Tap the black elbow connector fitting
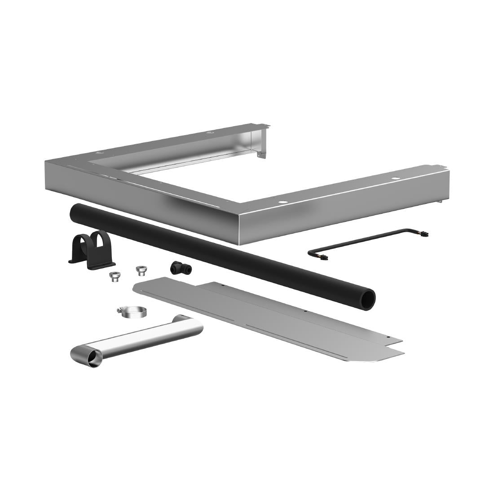(x=177, y=268)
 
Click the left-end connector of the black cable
(x=322, y=258)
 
